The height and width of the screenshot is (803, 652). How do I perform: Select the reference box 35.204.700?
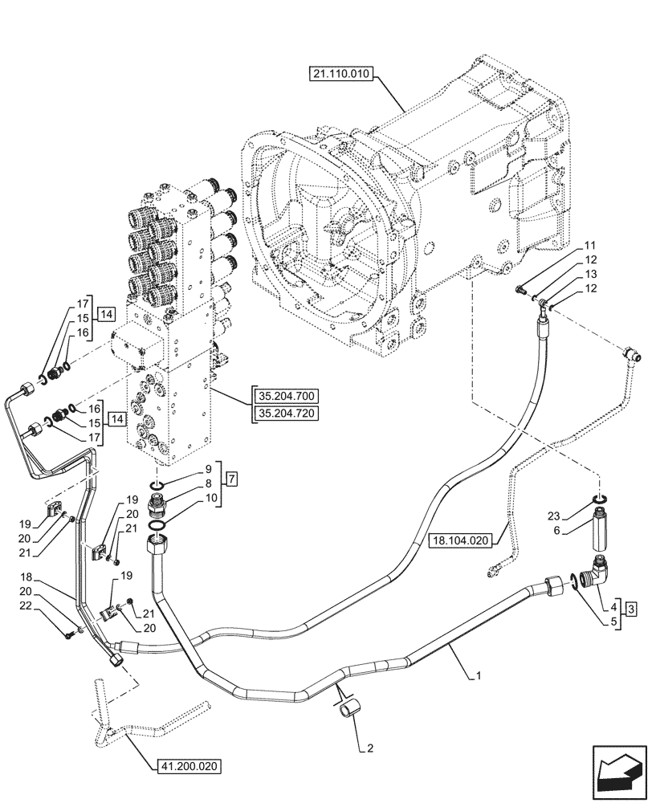pos(286,396)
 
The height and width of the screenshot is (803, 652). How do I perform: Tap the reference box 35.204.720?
pos(286,414)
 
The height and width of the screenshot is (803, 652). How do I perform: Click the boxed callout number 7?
pos(231,480)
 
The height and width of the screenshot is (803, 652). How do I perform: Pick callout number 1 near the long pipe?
pos(479,677)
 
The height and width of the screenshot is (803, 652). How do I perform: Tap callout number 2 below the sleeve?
pos(369,750)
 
